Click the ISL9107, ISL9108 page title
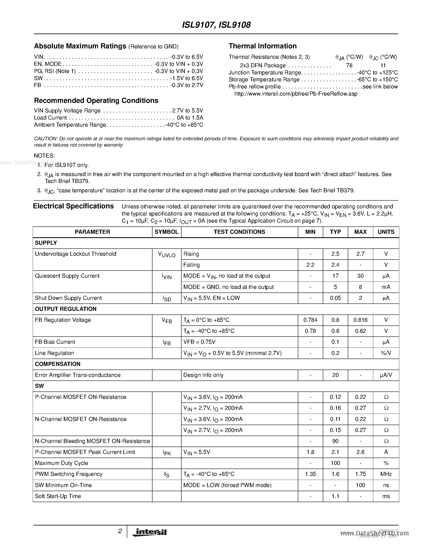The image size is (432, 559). [x=216, y=25]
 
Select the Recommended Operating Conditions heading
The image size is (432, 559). [x=96, y=101]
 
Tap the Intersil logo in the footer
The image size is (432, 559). [x=149, y=532]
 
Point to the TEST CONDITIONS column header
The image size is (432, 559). [x=239, y=232]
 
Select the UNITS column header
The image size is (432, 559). [x=386, y=232]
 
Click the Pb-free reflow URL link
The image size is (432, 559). [x=296, y=94]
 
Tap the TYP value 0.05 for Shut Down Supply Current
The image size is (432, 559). [x=335, y=298]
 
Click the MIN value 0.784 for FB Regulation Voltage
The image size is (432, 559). [x=310, y=320]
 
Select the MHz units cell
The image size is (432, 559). [x=386, y=474]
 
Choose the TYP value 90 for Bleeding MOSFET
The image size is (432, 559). [x=335, y=441]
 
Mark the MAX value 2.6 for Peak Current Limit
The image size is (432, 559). [x=360, y=452]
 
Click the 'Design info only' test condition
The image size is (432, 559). [x=203, y=375]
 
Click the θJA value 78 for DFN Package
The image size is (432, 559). [x=349, y=65]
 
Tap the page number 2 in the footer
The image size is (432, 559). [x=120, y=531]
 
